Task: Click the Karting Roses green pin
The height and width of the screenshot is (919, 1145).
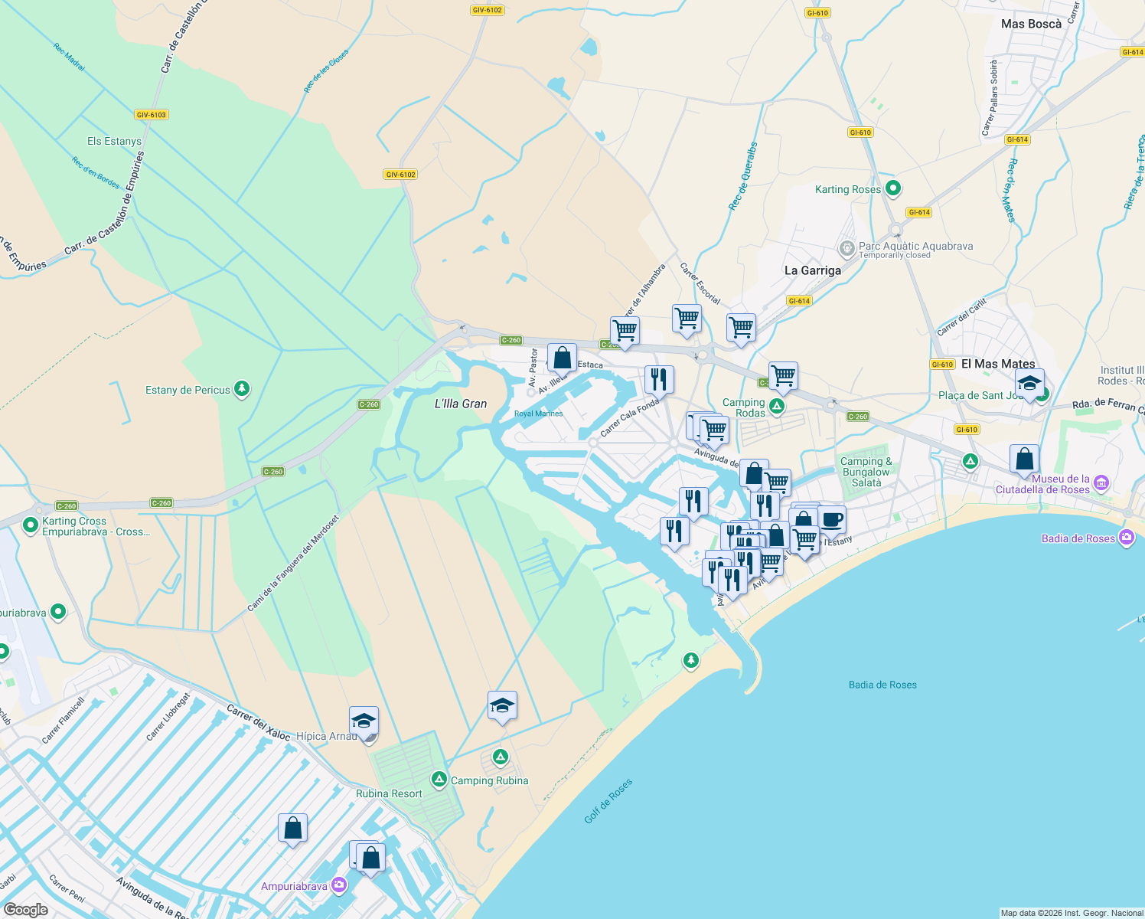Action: coord(892,188)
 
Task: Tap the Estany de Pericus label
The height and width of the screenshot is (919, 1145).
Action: coord(188,390)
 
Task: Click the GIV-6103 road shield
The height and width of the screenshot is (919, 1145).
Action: coord(151,115)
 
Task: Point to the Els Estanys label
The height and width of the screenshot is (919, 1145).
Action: coord(114,141)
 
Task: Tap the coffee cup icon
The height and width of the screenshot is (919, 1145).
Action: coord(832,520)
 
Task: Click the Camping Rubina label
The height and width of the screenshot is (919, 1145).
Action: coord(489,780)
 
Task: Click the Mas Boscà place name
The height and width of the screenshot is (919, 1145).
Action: coord(1031,24)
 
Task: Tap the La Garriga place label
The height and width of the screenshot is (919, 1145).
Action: coord(812,270)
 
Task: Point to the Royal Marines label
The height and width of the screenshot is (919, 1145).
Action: coord(538,414)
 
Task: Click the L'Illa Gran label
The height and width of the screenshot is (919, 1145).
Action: coord(461,404)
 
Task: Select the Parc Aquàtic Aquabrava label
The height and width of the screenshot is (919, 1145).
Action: coord(915,246)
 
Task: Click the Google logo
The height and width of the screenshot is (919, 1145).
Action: coord(25,910)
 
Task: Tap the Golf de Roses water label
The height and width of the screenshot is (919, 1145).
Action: coord(608,801)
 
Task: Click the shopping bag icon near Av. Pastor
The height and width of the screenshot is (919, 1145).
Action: coord(562,358)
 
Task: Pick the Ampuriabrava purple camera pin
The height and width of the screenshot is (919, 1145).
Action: coord(338,886)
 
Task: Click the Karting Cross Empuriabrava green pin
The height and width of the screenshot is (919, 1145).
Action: coord(31,525)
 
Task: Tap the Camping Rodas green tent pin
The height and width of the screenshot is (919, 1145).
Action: coord(777,406)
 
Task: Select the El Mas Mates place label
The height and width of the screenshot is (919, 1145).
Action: coord(998,364)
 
